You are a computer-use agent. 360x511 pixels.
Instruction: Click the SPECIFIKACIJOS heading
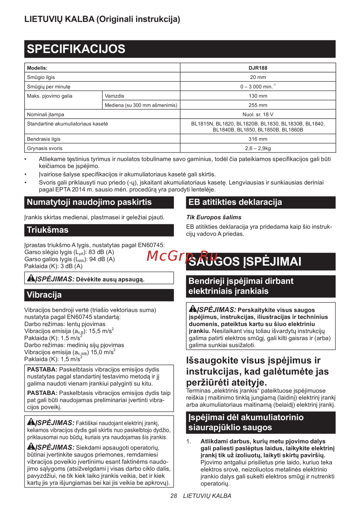click(x=76, y=49)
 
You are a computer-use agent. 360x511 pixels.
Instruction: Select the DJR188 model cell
click(x=258, y=68)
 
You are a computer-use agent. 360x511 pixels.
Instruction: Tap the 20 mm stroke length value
click(x=258, y=77)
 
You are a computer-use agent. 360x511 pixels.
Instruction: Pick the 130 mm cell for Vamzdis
click(x=258, y=96)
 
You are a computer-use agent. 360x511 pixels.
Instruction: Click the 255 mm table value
click(x=258, y=105)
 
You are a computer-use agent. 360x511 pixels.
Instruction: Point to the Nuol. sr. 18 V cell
click(x=258, y=115)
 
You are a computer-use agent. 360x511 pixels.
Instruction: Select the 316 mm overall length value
click(x=258, y=139)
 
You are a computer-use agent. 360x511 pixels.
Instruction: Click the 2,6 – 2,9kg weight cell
click(x=258, y=148)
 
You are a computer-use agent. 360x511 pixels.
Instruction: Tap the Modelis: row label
click(x=37, y=68)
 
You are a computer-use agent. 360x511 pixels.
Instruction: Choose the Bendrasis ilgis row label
click(x=44, y=139)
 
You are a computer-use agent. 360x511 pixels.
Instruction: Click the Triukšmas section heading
click(x=48, y=230)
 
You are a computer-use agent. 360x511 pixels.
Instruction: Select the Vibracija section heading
click(x=44, y=295)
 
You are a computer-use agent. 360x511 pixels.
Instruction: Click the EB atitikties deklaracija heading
click(x=235, y=202)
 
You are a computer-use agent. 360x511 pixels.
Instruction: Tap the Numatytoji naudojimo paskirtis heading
click(x=89, y=202)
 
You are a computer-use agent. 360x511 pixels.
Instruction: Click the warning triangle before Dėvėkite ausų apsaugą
click(x=31, y=278)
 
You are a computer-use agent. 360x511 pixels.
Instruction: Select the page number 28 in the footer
click(x=174, y=496)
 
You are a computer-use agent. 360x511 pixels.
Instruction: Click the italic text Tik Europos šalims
click(x=214, y=217)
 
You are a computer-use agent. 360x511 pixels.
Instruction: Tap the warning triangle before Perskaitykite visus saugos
click(x=193, y=309)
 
